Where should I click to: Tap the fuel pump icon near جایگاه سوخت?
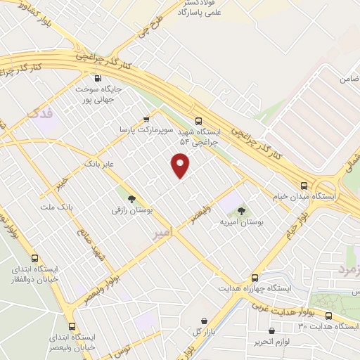97,78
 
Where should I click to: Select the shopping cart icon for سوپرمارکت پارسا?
146,119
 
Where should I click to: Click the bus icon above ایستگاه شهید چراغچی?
199,120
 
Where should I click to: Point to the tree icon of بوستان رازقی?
131,198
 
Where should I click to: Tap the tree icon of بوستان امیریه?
241,210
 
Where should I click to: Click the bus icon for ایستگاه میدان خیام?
304,186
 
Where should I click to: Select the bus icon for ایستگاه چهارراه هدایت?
255,278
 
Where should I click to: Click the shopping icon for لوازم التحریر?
271,330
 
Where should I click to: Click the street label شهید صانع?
93,255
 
